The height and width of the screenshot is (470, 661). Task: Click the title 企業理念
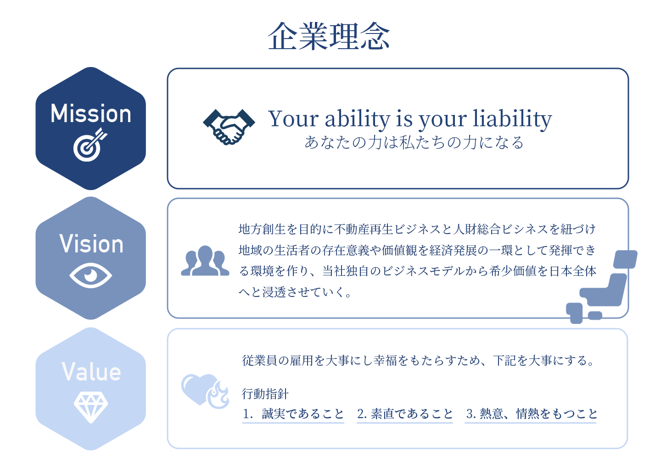pos(329,36)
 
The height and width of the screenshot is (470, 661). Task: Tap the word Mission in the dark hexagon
pos(90,113)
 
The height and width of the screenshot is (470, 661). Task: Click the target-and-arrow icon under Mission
pos(90,145)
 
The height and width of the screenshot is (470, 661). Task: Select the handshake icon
pos(229,127)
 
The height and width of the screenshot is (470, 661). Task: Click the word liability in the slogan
pos(512,119)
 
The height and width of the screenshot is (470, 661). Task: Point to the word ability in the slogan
pos(358,118)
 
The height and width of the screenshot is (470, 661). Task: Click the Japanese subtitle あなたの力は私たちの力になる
pos(414,142)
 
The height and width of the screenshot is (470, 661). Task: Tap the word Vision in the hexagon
pos(91,244)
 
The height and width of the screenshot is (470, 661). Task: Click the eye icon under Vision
pos(90,275)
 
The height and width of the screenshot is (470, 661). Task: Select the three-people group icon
pos(205,261)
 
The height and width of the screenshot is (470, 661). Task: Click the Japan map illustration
pos(602,287)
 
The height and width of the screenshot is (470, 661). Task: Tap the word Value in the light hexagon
pos(91,371)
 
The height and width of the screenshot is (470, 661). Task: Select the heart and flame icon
pos(205,392)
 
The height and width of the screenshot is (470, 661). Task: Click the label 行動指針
pos(265,394)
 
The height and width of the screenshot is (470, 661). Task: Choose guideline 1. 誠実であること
pos(293,414)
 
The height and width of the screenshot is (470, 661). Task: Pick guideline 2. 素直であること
pos(405,414)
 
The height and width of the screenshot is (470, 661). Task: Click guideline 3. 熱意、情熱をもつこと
pos(532,414)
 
